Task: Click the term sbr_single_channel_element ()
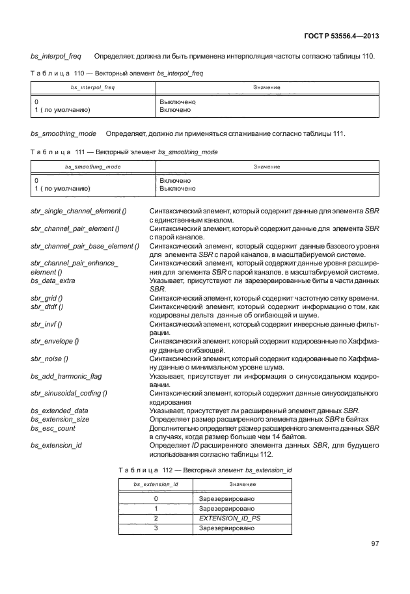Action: [79, 211]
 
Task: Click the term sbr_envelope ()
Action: [55, 341]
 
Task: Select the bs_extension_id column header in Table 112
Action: [156, 485]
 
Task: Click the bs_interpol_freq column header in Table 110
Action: [93, 87]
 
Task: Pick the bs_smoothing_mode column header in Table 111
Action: [93, 167]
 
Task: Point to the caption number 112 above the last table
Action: [170, 469]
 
